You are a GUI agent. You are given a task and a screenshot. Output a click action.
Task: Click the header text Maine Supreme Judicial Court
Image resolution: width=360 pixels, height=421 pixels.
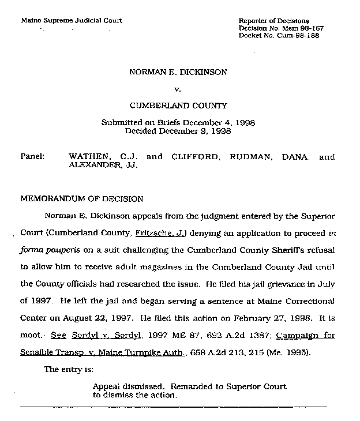click(x=72, y=21)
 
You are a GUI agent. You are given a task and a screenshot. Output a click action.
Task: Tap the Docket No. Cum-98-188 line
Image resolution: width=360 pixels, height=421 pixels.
click(x=279, y=35)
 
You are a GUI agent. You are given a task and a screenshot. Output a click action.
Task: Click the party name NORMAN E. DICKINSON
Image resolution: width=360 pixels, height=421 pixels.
click(x=178, y=73)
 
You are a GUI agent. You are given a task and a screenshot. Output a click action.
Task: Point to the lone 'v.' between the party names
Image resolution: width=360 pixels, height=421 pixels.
click(x=178, y=89)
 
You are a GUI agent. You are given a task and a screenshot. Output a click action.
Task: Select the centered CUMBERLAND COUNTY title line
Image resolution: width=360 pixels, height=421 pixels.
click(x=178, y=106)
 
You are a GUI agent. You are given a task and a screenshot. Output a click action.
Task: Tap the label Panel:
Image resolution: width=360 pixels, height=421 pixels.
click(x=33, y=156)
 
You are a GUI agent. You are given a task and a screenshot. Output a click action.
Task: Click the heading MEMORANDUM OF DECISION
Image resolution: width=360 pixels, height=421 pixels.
click(x=82, y=199)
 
